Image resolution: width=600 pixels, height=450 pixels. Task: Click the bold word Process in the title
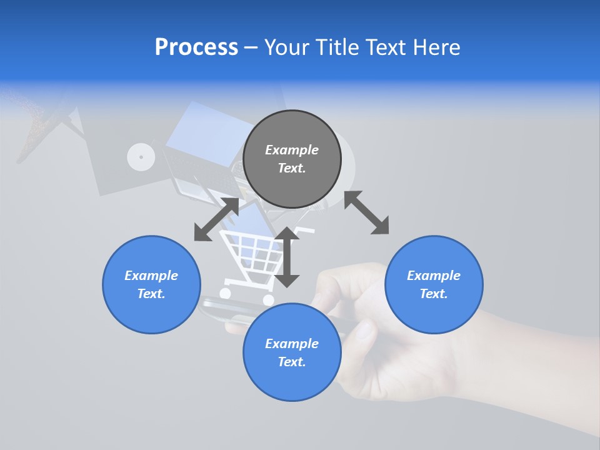(x=196, y=47)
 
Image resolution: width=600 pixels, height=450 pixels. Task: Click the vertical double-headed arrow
(x=287, y=257)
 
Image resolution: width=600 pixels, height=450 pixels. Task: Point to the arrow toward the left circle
(x=216, y=219)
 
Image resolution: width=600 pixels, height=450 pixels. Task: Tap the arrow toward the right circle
(x=367, y=212)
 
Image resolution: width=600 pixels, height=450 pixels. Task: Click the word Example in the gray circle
(x=292, y=150)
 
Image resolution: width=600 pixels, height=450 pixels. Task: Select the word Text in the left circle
(x=151, y=294)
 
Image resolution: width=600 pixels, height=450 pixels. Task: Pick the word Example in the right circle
(x=434, y=276)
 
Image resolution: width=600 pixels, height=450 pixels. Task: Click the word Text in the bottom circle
(x=292, y=362)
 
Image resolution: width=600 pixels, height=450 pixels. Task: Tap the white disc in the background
(x=141, y=157)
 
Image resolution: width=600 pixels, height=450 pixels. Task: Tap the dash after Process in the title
(x=251, y=47)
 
